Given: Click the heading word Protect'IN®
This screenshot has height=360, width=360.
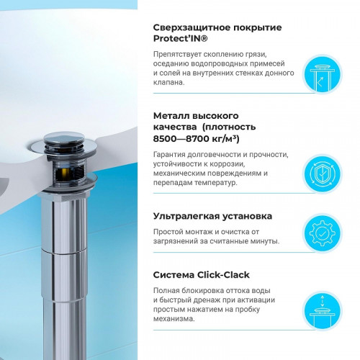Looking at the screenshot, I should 181,40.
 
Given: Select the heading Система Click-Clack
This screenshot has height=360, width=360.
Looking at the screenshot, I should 199,274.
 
